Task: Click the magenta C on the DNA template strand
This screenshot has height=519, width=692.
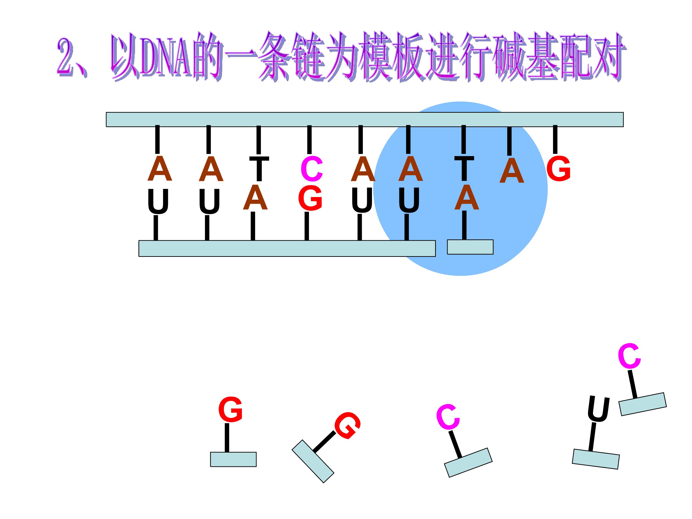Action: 312,169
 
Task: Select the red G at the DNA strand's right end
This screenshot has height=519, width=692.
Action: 558,169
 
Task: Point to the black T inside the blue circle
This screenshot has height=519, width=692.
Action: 464,169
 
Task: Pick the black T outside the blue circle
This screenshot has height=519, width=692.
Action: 259,169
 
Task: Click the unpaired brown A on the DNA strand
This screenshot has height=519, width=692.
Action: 512,171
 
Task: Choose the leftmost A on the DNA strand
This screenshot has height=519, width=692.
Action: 160,169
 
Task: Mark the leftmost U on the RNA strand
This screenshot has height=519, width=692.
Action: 158,201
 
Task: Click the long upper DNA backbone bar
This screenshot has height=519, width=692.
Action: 365,119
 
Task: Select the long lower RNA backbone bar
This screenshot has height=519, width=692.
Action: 287,248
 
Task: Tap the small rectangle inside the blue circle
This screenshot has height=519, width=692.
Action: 470,247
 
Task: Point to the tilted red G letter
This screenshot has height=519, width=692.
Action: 347,426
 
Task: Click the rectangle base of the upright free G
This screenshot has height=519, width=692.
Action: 233,459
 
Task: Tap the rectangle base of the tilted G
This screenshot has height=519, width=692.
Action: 313,461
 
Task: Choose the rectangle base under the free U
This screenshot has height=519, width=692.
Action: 596,459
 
